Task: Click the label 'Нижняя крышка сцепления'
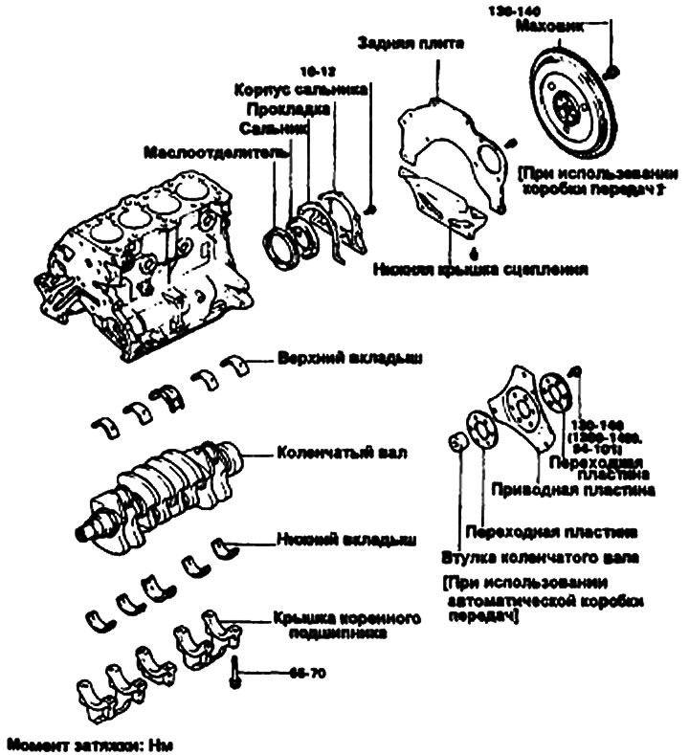481,271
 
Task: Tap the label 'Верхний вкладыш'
337,360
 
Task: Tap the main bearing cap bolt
233,674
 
